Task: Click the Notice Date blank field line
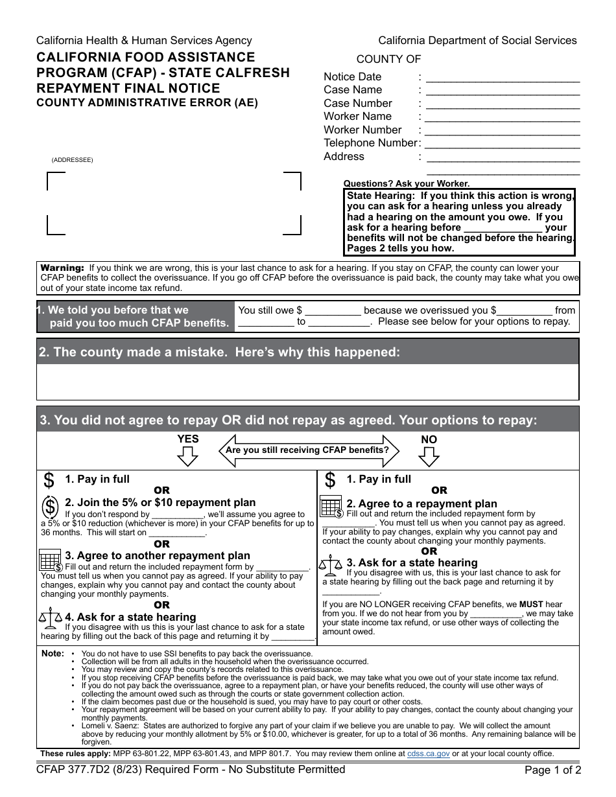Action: [x=503, y=82]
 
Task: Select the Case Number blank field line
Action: [x=503, y=108]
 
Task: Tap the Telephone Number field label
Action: [x=370, y=143]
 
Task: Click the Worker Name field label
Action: [x=357, y=117]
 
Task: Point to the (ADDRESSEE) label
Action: [x=72, y=160]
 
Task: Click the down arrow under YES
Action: [x=187, y=457]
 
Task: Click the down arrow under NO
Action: [x=429, y=457]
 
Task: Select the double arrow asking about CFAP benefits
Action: [x=308, y=450]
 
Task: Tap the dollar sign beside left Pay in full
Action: [x=49, y=481]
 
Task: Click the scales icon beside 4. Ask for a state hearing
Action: [x=51, y=619]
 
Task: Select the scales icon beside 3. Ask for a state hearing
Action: [x=331, y=565]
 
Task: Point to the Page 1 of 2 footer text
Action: [x=552, y=771]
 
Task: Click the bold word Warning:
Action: [x=62, y=268]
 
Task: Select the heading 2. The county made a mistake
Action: [x=219, y=352]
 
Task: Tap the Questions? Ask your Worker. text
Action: [x=406, y=183]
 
